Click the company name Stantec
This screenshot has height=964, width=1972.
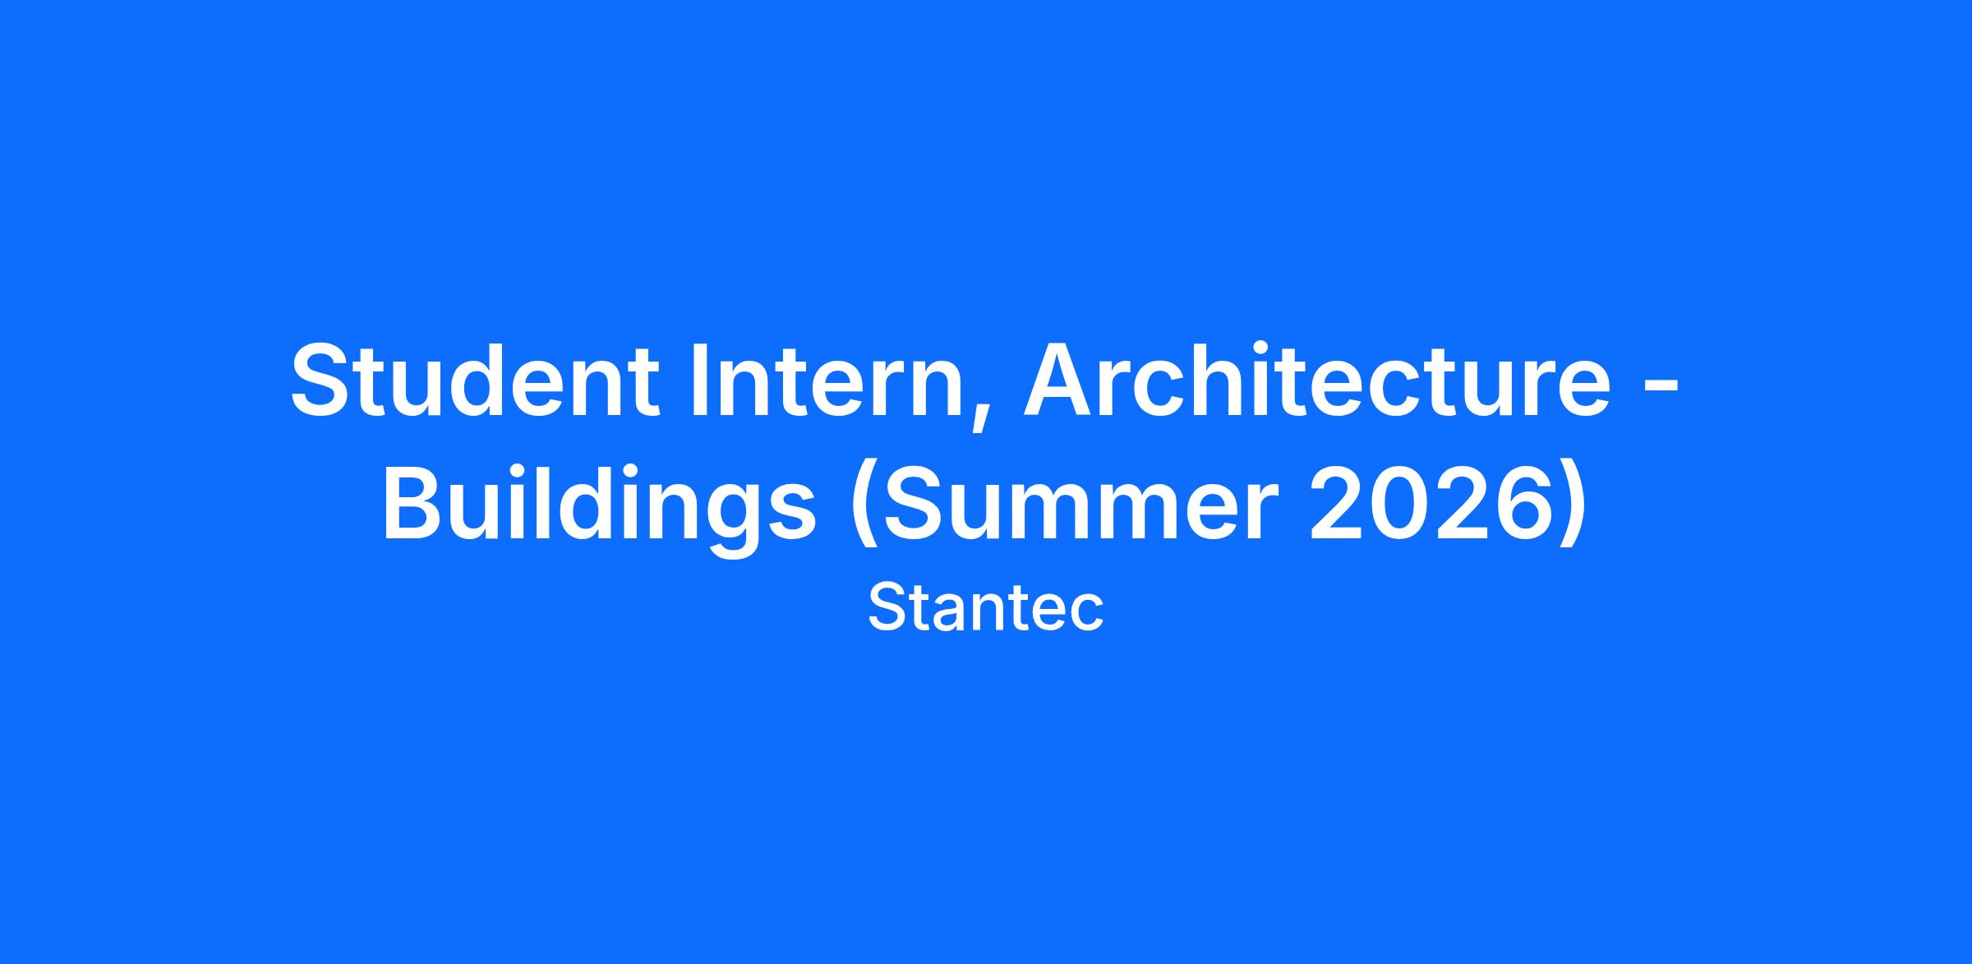point(985,608)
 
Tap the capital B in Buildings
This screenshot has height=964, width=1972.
point(415,504)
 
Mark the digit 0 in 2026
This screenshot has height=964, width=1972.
point(1403,504)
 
